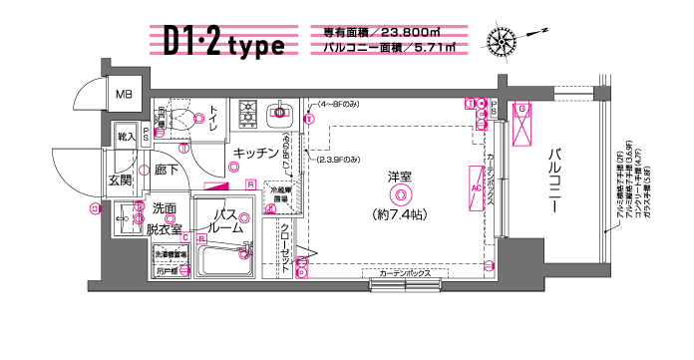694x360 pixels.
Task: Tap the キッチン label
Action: [255, 154]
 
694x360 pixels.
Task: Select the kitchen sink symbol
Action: [280, 113]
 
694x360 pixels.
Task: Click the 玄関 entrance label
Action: [121, 181]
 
